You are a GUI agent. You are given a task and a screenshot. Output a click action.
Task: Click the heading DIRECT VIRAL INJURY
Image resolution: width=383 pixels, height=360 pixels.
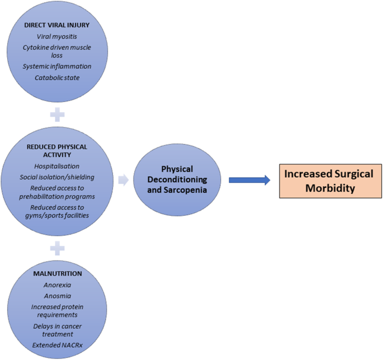[57, 26]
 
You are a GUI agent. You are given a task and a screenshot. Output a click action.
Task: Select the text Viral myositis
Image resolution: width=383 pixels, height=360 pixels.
[57, 37]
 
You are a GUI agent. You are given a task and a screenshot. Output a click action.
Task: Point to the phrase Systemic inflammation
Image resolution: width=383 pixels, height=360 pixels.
[57, 67]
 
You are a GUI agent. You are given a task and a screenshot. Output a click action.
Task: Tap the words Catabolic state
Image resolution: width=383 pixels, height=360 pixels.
[57, 78]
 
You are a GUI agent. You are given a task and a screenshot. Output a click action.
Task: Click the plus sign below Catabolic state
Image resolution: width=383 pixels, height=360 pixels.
[57, 116]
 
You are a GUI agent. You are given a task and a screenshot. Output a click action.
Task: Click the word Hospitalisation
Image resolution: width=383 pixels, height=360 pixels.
[57, 166]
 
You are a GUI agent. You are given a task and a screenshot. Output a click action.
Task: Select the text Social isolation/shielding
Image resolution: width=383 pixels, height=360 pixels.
[57, 177]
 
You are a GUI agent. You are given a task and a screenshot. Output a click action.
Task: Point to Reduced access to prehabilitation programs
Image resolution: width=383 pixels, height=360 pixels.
[57, 192]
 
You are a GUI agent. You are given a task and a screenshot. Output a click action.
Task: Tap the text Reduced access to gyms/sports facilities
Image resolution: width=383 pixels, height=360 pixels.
[57, 212]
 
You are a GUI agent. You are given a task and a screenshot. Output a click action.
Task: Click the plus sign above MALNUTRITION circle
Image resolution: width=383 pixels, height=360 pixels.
[57, 247]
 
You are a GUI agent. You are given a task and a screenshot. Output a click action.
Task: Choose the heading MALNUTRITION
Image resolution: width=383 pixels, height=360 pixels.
[58, 273]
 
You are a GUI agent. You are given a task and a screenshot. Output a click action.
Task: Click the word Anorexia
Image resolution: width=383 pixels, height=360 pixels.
[58, 285]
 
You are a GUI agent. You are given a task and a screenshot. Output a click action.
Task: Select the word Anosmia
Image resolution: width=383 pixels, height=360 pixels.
[58, 296]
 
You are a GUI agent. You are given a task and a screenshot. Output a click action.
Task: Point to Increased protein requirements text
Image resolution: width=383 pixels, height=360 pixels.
[58, 311]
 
